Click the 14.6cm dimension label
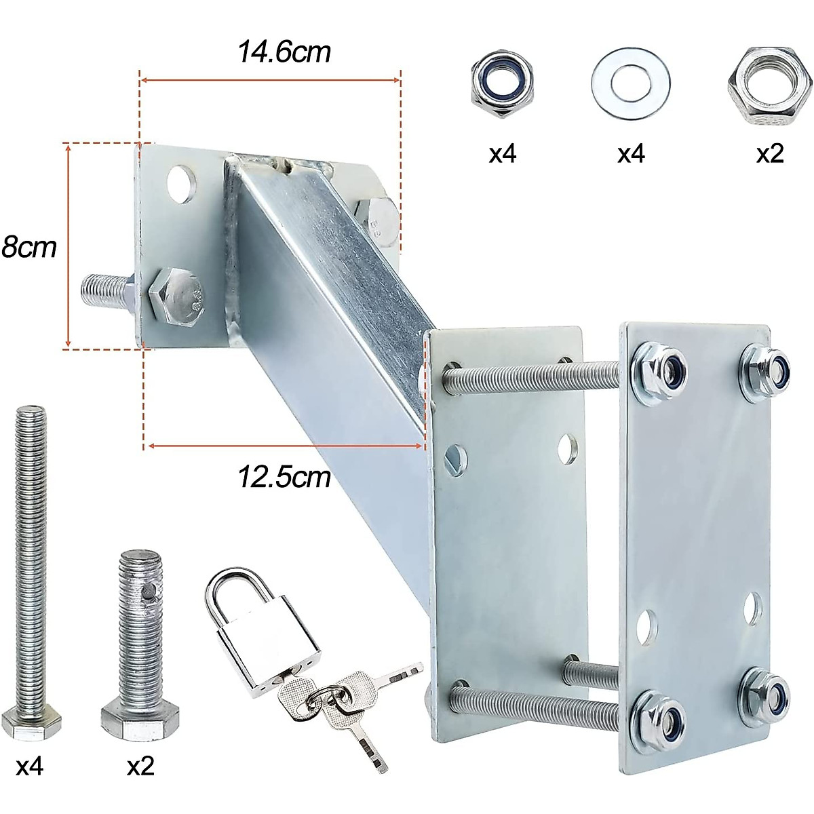pos(284,52)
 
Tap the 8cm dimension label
pos(29,247)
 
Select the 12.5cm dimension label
pos(284,478)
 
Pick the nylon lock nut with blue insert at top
pos(502,84)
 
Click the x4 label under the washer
pos(630,154)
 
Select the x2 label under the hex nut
pos(770,154)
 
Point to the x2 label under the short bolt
pos(140,767)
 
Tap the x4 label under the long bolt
pos(29,767)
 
